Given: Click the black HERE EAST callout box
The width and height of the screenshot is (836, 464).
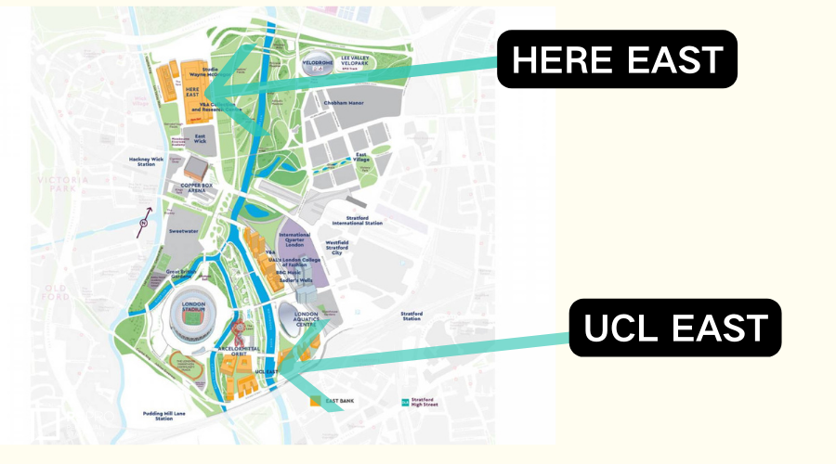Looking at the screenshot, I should coord(617,59).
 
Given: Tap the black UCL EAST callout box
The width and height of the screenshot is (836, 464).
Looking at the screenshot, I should coord(675,328).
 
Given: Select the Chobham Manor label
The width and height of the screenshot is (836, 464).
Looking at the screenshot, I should coord(341,103).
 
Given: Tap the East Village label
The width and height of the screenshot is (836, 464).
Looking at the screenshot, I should coord(360,158).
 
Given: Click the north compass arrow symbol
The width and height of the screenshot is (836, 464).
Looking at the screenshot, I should coord(143,223).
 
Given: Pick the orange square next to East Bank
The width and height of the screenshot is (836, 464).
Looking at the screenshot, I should coord(316,401).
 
